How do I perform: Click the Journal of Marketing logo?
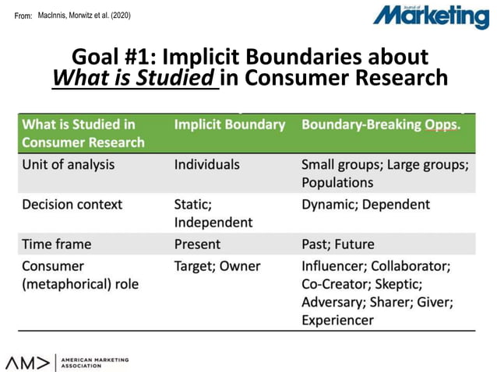[x=430, y=16]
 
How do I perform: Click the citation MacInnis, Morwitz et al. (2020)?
[x=86, y=15]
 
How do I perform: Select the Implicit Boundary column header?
[x=230, y=125]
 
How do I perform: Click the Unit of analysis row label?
[x=69, y=164]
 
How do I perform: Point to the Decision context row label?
[x=72, y=204]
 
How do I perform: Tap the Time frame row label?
[x=57, y=244]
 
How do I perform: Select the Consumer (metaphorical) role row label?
[x=80, y=275]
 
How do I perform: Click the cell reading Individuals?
[x=207, y=164]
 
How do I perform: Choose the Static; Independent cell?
[x=213, y=213]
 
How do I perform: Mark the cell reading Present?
[x=198, y=244]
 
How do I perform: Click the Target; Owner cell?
[x=217, y=266]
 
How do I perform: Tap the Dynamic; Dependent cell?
[x=365, y=204]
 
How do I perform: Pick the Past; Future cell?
[x=338, y=244]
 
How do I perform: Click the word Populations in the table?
[x=337, y=183]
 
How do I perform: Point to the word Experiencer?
[x=337, y=320]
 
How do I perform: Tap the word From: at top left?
[x=23, y=16]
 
